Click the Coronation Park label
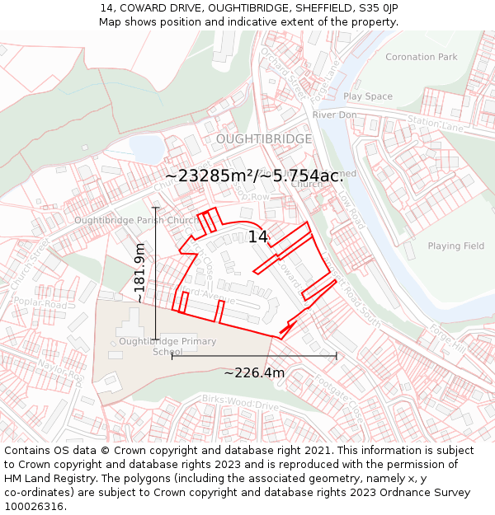(x=421, y=57)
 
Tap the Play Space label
(x=368, y=96)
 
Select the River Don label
(x=334, y=115)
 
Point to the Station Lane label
(x=436, y=124)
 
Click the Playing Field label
(x=455, y=246)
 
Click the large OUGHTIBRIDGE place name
(x=264, y=139)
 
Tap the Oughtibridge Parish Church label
(x=135, y=220)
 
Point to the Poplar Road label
(x=40, y=305)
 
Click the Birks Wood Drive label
(x=240, y=403)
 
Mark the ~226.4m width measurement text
(x=254, y=373)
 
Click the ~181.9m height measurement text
(x=139, y=272)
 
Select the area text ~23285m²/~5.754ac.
(x=254, y=176)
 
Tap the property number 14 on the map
(x=257, y=237)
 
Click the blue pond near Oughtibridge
(x=147, y=149)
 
